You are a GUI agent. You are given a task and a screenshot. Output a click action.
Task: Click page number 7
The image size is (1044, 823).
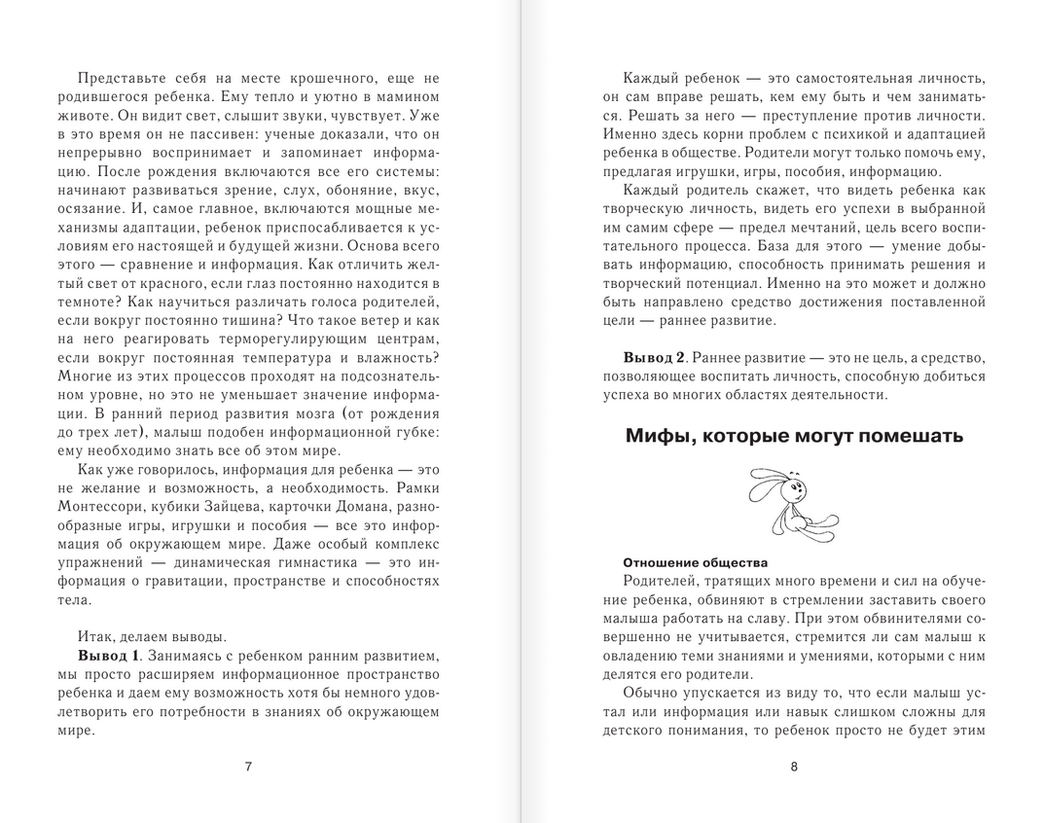(x=248, y=766)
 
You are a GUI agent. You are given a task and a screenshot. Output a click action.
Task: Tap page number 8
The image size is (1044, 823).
(x=794, y=766)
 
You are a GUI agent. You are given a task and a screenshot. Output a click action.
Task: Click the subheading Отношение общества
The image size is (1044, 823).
(x=695, y=562)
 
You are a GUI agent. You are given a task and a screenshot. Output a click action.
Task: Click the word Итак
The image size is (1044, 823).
(x=94, y=636)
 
